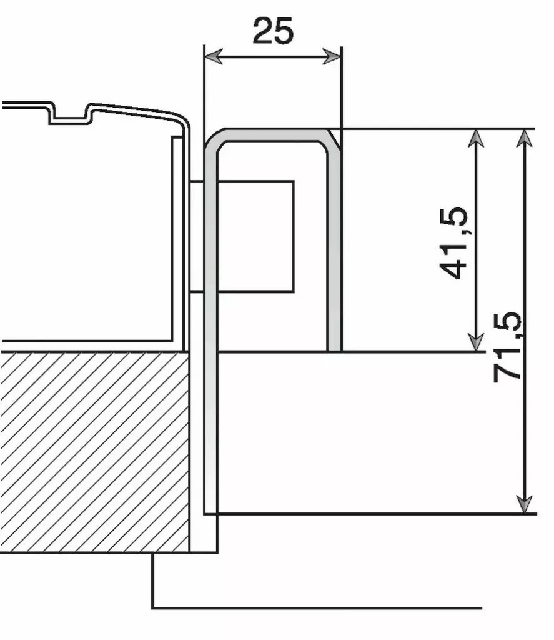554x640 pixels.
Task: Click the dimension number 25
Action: [x=273, y=31]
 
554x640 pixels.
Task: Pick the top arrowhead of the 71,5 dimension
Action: [x=525, y=137]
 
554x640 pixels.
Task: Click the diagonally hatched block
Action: [x=94, y=450]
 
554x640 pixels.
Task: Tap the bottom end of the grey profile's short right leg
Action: [x=334, y=347]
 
